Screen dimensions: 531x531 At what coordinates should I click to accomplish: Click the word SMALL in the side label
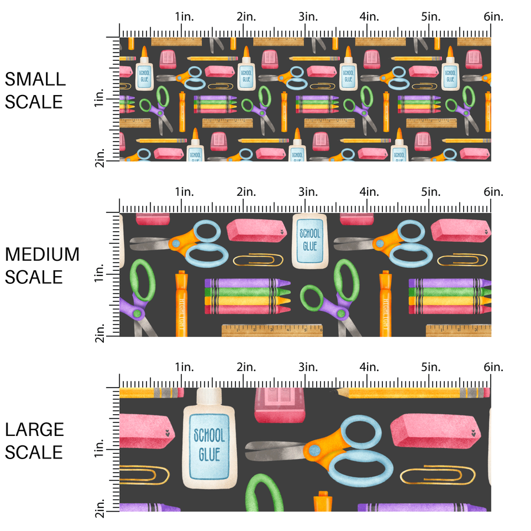[x=34, y=79]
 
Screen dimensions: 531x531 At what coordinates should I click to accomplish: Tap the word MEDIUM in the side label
[x=42, y=254]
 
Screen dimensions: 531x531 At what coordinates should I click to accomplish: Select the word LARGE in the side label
[x=35, y=430]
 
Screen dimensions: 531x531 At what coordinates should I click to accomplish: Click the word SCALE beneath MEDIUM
[x=34, y=277]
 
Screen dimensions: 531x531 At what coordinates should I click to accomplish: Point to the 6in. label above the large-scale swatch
[x=493, y=367]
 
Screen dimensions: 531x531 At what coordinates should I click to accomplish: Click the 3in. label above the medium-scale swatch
[x=307, y=192]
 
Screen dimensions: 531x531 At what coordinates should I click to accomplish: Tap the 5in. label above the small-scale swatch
[x=431, y=17]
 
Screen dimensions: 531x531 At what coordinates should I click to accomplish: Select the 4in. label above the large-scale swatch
[x=369, y=367]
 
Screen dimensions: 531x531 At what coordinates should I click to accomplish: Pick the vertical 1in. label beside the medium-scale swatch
[x=100, y=276]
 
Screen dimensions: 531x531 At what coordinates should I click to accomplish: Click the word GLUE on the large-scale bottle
[x=209, y=454]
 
